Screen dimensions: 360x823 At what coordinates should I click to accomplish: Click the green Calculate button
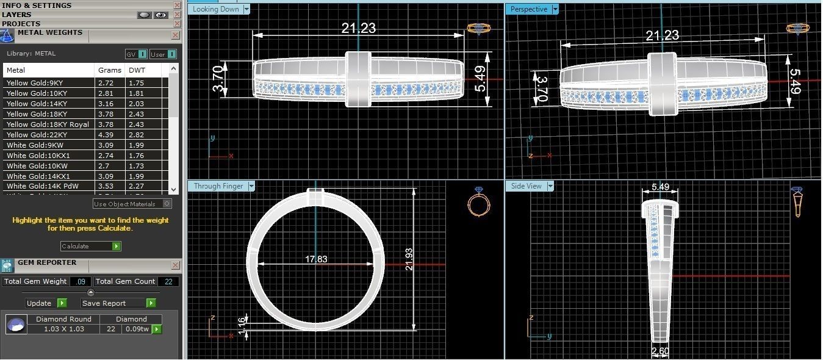coord(91,247)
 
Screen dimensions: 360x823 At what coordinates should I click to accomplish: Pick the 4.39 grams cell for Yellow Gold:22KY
coord(106,135)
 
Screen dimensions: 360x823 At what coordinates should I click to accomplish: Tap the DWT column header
coord(137,70)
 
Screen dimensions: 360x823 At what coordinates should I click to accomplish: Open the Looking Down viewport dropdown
coord(246,9)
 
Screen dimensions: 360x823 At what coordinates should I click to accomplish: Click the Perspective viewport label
coord(528,9)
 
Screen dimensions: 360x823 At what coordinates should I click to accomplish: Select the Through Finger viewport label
coord(218,186)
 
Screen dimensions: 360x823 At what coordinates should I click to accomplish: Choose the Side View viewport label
coord(526,186)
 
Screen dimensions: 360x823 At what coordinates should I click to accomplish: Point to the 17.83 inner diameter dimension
coord(316,259)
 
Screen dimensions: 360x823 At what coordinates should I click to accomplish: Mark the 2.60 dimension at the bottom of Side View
coord(660,351)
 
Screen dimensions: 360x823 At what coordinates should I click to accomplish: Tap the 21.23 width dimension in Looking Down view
coord(358,28)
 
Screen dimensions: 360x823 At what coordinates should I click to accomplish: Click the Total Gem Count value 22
coord(168,281)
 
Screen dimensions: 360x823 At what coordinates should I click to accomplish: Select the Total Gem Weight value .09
coord(80,281)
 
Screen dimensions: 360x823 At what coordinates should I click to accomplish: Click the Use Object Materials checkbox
coord(167,204)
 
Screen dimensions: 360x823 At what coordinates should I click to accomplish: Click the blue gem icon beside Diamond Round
coord(16,324)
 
